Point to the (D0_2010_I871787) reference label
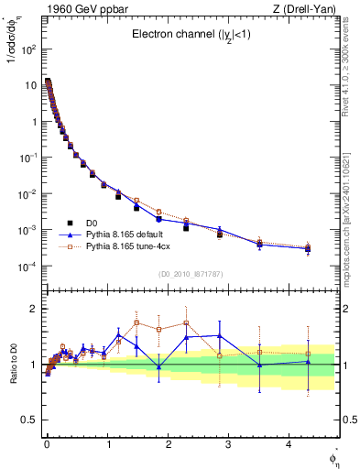[x=191, y=274]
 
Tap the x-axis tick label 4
[x=289, y=443]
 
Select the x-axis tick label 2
[x=168, y=443]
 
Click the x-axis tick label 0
[x=47, y=443]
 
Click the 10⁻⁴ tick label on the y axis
[x=25, y=267]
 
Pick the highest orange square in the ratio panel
[x=136, y=322]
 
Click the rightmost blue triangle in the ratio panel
[x=308, y=362]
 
